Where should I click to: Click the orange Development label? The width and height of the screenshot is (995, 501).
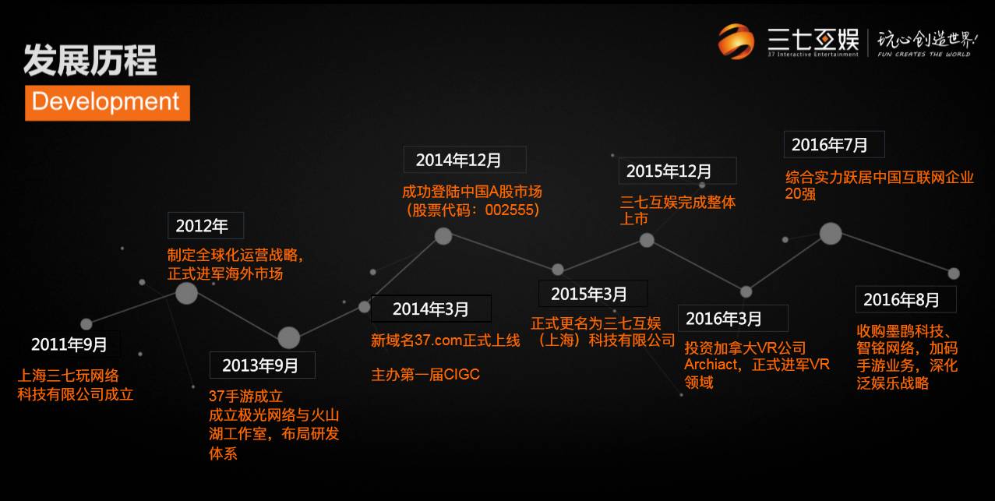107,103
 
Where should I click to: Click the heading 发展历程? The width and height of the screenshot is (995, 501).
90,60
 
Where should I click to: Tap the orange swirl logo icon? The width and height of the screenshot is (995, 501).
736,41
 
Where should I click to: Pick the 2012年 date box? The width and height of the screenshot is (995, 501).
205,226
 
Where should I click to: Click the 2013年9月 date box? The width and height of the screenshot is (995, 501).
262,365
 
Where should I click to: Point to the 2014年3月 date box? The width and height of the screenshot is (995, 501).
431,309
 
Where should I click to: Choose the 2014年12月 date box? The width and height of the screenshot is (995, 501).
464,160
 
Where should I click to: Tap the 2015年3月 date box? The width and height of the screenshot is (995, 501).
592,294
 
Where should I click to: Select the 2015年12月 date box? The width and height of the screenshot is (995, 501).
677,171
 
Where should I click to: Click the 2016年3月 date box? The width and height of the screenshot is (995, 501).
733,318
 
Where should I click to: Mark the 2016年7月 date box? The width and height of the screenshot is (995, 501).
834,144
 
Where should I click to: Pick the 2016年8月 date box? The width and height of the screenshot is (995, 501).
905,299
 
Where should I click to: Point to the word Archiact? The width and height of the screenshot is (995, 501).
711,364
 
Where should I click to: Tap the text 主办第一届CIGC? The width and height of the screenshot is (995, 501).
425,375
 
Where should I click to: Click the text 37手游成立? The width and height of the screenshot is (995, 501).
245,396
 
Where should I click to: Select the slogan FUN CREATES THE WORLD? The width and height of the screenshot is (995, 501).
923,55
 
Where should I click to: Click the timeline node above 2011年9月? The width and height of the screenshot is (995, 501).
86,324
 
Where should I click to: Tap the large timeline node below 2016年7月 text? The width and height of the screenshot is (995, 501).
830,233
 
